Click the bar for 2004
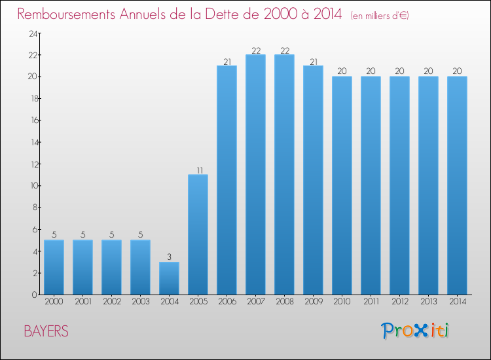click(x=169, y=278)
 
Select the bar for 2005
click(x=198, y=234)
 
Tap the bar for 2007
click(x=255, y=175)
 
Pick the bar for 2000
click(x=54, y=267)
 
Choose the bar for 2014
click(x=457, y=185)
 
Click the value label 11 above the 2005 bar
click(x=198, y=170)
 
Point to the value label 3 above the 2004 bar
click(x=169, y=257)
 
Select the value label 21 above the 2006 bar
click(x=227, y=61)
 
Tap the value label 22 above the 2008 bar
click(x=284, y=50)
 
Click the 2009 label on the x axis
click(x=313, y=302)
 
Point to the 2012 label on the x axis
click(x=399, y=302)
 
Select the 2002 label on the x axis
click(x=111, y=302)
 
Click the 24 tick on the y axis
click(x=31, y=33)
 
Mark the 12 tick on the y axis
click(x=31, y=164)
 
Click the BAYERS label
click(x=46, y=331)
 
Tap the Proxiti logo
click(x=416, y=331)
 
